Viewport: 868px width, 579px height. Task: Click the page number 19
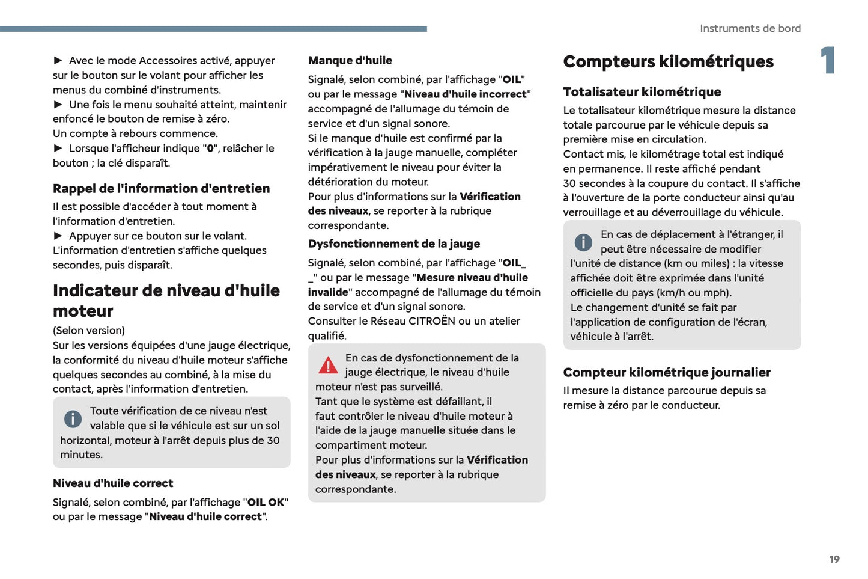point(834,559)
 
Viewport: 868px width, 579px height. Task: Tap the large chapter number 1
point(828,60)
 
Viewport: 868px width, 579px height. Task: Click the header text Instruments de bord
point(750,28)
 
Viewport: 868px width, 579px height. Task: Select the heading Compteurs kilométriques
point(668,61)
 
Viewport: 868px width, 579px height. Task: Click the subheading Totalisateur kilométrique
point(642,92)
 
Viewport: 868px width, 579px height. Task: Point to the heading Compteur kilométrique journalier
point(666,372)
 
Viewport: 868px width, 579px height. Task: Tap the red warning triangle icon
point(328,365)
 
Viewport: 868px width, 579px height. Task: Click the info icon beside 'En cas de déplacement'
point(583,242)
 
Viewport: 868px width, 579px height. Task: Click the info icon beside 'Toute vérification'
point(73,418)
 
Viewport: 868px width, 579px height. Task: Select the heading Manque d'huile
point(350,60)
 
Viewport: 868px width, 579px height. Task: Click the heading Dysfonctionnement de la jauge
point(393,244)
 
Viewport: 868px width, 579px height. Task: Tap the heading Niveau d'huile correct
point(113,483)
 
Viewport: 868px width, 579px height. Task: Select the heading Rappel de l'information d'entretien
point(161,188)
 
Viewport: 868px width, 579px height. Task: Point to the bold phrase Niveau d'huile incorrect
point(466,94)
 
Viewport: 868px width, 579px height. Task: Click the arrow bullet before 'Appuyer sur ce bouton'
point(58,236)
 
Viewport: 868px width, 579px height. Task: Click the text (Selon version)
point(89,331)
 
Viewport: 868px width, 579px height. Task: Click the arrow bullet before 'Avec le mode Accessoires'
point(58,60)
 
